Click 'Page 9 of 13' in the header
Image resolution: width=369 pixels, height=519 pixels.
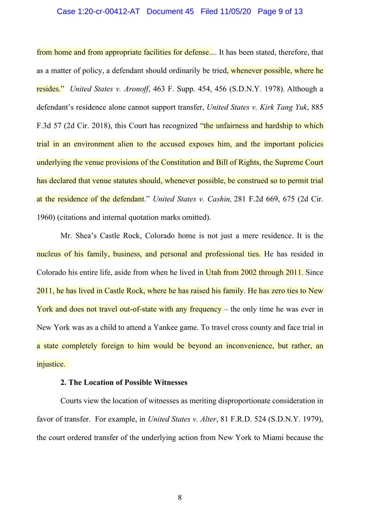[280, 11]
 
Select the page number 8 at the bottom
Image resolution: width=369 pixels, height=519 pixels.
[180, 498]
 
